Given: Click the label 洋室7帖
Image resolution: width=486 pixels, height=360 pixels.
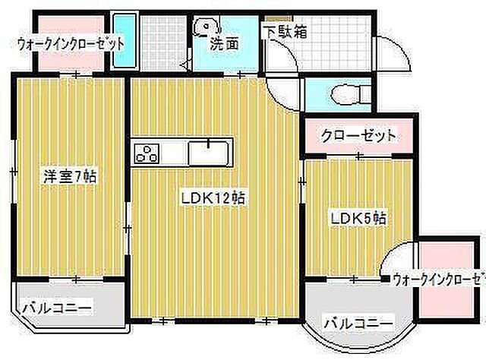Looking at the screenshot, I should point(68,177).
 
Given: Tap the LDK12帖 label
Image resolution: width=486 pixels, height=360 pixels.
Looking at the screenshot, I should point(212,198).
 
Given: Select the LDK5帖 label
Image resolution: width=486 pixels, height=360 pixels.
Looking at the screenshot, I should point(358,219).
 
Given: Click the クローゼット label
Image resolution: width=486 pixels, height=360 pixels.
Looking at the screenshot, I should point(358,137).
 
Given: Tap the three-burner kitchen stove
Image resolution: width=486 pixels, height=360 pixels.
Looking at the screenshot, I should point(146,153).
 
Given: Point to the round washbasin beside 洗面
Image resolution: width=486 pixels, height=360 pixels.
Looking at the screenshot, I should point(201,29).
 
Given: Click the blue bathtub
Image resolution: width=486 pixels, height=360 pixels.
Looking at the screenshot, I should point(122,42).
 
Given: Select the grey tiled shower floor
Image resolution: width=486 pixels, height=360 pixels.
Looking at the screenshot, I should point(162,43).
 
